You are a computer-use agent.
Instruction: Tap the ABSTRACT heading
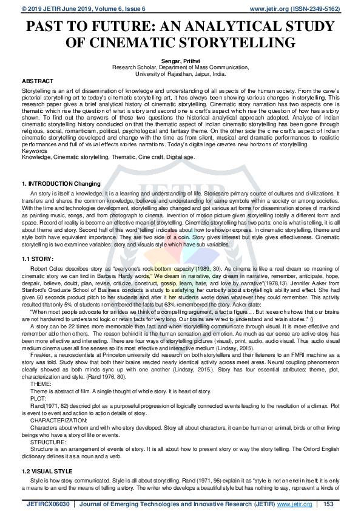coord(37,81)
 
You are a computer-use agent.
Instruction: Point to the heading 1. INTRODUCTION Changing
coord(61,183)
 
